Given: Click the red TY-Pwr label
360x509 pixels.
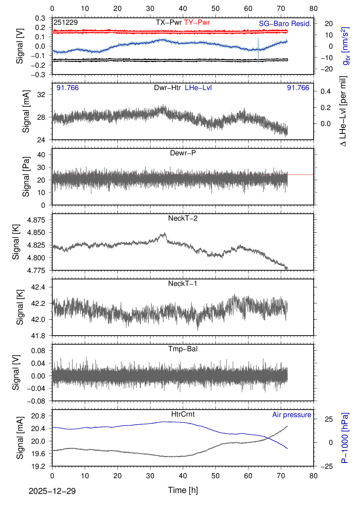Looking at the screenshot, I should pos(197,22).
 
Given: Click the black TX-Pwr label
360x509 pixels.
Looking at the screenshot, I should pos(169,22).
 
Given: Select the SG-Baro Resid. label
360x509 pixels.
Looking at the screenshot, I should pos(285,24).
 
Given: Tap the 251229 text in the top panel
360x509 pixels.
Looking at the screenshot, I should pos(66,22).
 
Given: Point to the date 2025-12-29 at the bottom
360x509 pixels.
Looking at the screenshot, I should pos(52,491).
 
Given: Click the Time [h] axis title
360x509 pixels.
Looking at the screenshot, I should pos(183,490).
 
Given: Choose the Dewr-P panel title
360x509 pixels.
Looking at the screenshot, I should pos(183,153).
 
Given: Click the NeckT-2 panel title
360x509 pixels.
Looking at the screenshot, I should pos(183,218).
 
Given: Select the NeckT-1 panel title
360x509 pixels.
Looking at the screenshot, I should pos(183,284).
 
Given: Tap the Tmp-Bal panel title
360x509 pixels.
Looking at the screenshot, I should pos(183,349).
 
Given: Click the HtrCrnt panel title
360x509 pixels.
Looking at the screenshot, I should pos(183,414).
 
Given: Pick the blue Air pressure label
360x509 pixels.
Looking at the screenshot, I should pos(292,415).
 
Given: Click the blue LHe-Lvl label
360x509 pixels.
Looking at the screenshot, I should pos(198,88).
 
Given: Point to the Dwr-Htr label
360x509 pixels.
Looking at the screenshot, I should pos(167,88).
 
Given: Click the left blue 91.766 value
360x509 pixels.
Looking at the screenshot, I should pos(67,88).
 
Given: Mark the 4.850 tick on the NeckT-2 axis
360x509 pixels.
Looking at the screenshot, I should pos(36,232).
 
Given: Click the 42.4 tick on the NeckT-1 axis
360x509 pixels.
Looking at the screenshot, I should pos(38,287).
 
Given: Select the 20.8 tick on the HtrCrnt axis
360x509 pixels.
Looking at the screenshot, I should pos(38,416).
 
